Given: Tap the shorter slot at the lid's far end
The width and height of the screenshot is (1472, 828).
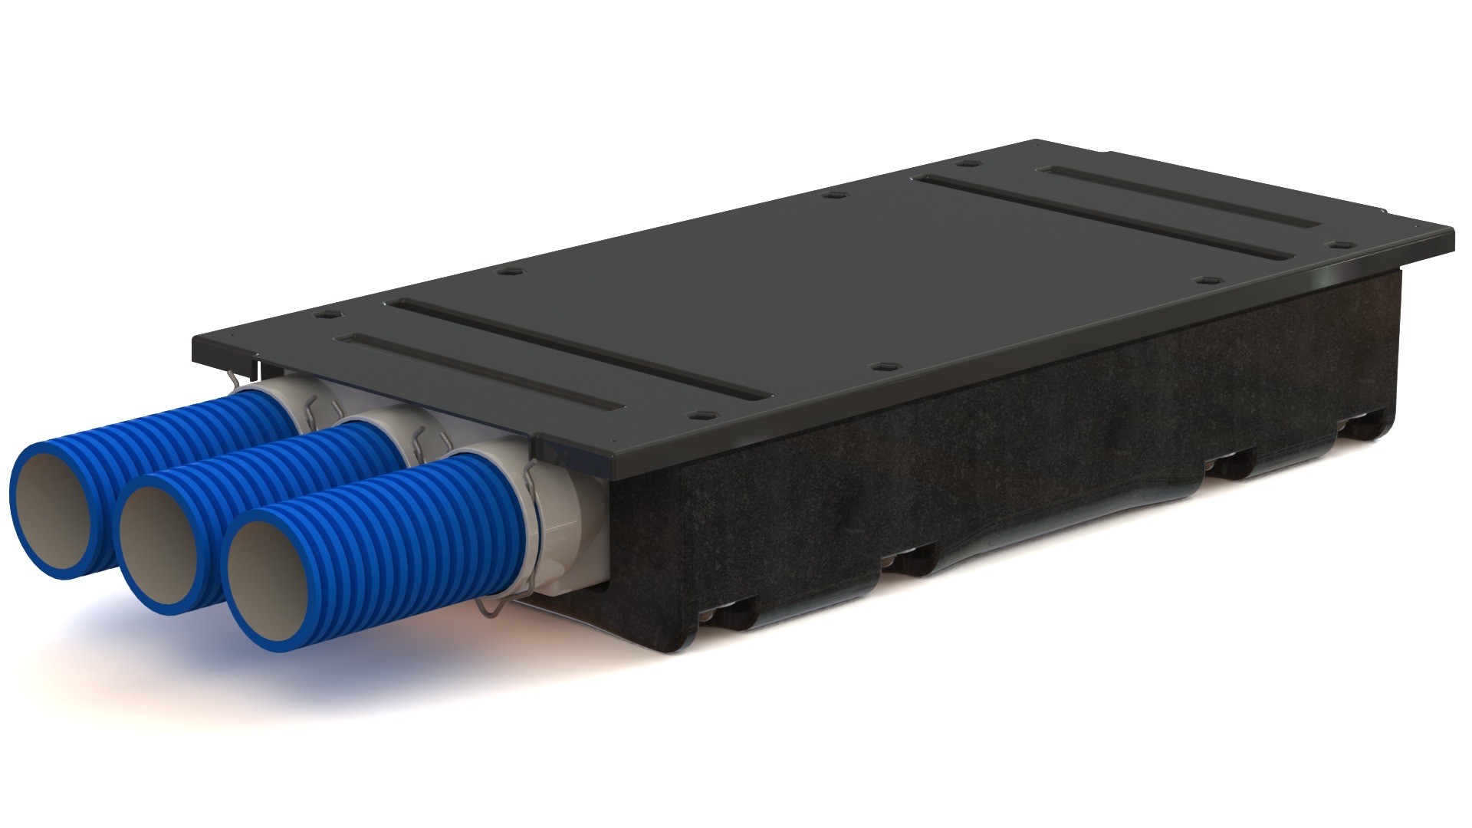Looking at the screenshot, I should pos(1181,196).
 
